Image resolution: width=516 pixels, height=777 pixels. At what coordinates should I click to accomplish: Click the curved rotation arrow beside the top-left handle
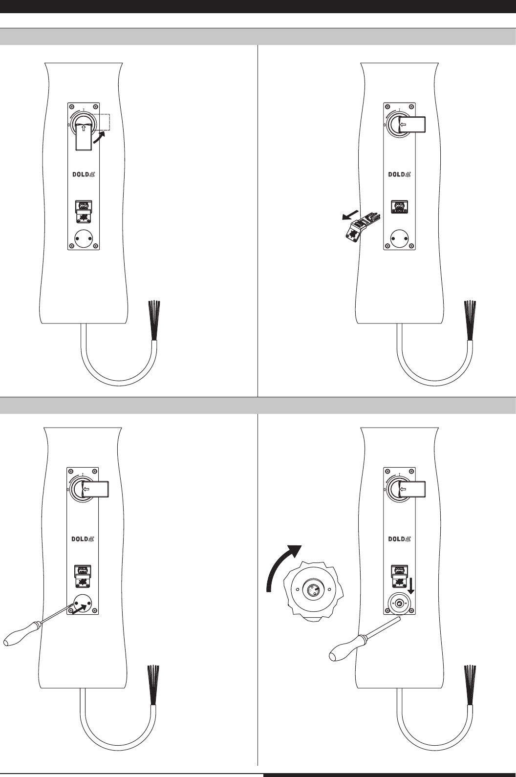[x=98, y=138]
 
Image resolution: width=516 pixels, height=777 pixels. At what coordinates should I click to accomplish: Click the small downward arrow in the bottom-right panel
[x=410, y=584]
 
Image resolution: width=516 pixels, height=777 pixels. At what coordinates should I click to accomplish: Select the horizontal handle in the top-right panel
[x=412, y=125]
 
